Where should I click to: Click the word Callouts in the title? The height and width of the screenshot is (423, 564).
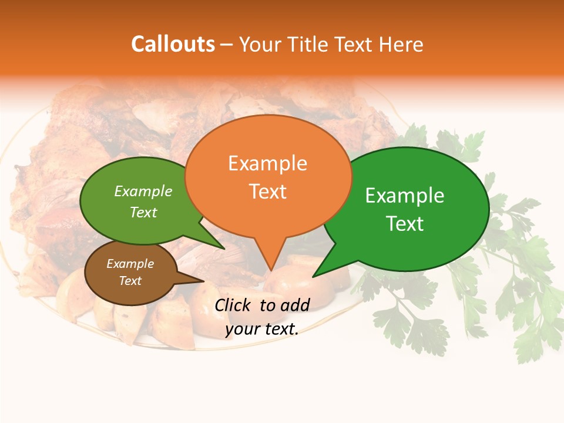pyautogui.click(x=173, y=44)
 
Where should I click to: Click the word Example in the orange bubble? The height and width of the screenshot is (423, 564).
pyautogui.click(x=267, y=163)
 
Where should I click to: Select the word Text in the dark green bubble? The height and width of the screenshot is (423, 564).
pyautogui.click(x=405, y=224)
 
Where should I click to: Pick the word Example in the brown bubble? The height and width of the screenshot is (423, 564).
pyautogui.click(x=130, y=264)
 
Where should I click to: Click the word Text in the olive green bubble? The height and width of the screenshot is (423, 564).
pyautogui.click(x=143, y=213)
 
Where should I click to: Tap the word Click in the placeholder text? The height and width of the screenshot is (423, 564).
pyautogui.click(x=233, y=305)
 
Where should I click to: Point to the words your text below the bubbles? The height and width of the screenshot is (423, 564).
pyautogui.click(x=262, y=329)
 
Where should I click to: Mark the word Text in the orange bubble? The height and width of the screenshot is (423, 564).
pyautogui.click(x=267, y=192)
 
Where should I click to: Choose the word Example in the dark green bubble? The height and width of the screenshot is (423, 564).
pyautogui.click(x=405, y=196)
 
